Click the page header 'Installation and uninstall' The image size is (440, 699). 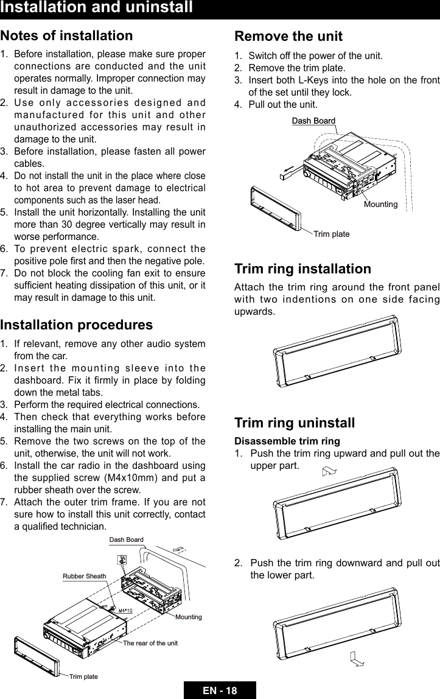(x=97, y=8)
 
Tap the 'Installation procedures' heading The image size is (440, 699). (x=77, y=325)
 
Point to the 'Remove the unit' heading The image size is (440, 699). (x=288, y=36)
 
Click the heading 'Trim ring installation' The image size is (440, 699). (x=302, y=269)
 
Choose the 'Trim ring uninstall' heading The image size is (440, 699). (x=295, y=423)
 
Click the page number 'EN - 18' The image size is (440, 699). (x=220, y=690)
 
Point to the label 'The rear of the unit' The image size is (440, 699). (x=150, y=643)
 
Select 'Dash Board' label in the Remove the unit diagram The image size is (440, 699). (x=313, y=121)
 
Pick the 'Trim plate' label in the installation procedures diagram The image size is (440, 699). (x=83, y=676)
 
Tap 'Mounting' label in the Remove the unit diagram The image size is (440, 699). (x=380, y=205)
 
